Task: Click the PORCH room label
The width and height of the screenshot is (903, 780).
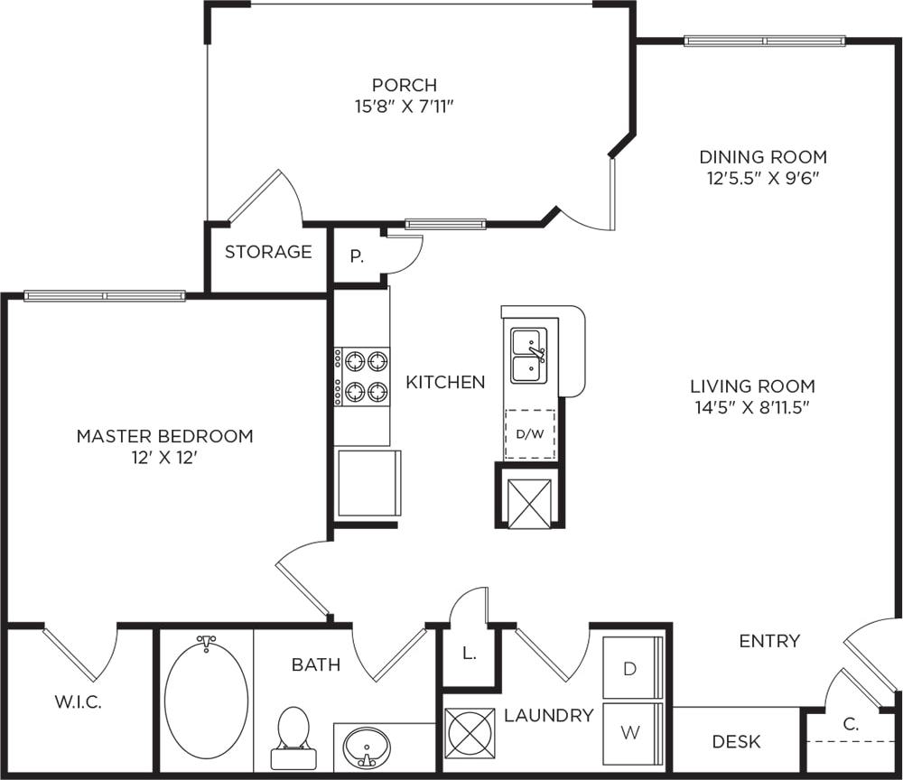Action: [405, 85]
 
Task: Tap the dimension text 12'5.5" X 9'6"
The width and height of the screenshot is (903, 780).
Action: [767, 178]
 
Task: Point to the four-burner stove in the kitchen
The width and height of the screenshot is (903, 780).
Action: [362, 376]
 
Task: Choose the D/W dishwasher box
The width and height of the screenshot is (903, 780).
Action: [530, 434]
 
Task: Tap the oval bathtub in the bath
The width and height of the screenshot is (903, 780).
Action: [207, 697]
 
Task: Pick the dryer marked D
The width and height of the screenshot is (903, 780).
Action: [631, 669]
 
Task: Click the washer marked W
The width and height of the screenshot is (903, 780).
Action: [631, 732]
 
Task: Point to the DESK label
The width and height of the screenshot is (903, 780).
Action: [736, 742]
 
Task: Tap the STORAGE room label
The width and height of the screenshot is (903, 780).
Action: [268, 252]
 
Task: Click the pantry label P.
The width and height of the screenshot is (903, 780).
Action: [357, 256]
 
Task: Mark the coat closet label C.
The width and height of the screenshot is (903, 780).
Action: [851, 723]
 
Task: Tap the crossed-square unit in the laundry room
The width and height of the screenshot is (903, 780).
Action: [470, 732]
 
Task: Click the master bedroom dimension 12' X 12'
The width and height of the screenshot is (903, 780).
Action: [163, 458]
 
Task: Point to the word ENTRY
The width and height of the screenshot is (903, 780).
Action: [769, 641]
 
